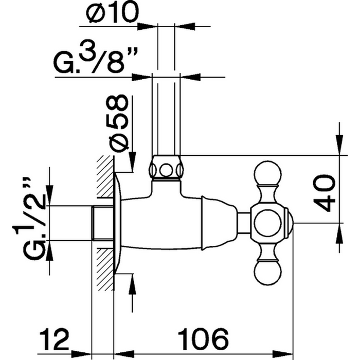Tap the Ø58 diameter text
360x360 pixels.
119,121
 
